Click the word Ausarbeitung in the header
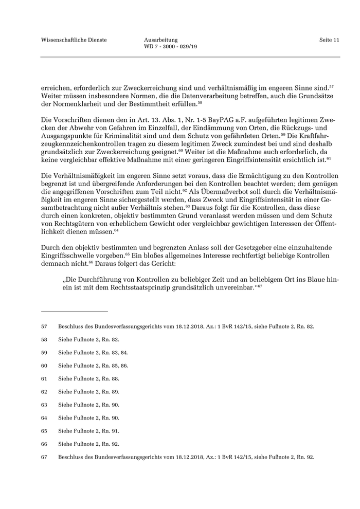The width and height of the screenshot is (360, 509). (x=161, y=40)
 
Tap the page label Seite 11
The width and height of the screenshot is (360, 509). (x=329, y=40)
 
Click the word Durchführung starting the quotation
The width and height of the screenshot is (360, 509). (x=103, y=279)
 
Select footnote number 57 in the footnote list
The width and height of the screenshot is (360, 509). (x=44, y=326)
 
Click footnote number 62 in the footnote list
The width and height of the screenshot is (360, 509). (x=44, y=392)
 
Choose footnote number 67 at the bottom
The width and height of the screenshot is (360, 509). (x=44, y=457)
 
